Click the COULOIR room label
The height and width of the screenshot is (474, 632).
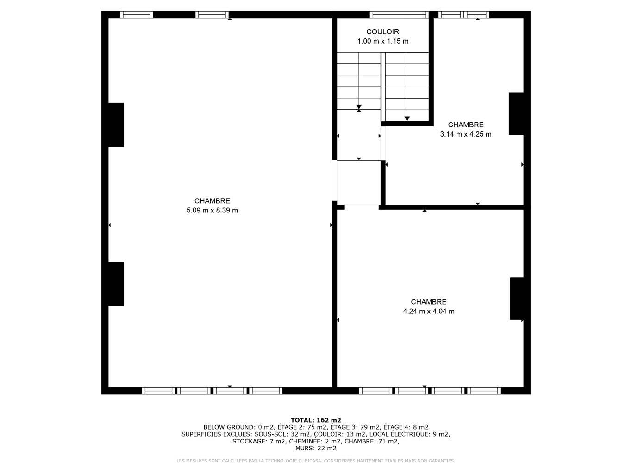point(382,31)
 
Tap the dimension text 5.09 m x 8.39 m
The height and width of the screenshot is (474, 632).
point(212,210)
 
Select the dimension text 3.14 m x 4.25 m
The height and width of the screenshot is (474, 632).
point(466,134)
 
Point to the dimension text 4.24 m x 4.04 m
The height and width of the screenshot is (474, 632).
point(428,311)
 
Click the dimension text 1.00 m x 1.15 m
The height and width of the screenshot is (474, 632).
point(382,41)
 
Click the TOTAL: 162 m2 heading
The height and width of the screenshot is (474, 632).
point(316,420)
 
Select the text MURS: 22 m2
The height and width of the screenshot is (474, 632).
point(316,448)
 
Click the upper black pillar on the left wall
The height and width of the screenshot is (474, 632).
point(116,125)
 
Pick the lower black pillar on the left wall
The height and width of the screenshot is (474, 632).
point(116,284)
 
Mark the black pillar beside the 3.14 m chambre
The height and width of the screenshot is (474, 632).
point(516,113)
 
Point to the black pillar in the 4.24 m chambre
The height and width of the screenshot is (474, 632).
point(517,299)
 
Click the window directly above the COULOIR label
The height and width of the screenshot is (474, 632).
point(399,14)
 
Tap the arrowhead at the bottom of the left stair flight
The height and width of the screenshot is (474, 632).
point(359,107)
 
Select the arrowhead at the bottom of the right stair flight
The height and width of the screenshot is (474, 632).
point(407,118)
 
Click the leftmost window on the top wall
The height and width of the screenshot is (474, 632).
point(137,14)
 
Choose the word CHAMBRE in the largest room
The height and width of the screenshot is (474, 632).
point(212,201)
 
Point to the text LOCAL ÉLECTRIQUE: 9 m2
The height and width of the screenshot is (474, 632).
point(410,434)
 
